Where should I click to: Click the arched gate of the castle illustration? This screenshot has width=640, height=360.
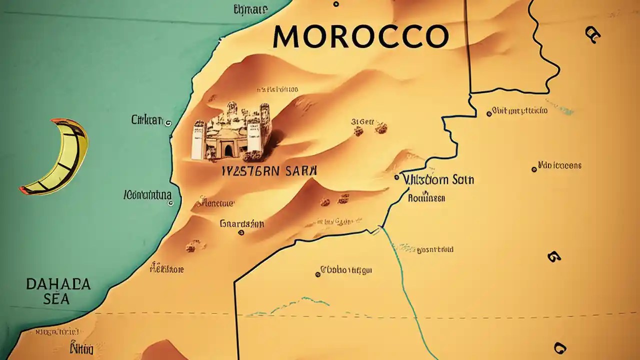click(x=228, y=149)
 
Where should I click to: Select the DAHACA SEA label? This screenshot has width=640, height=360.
click(x=58, y=291)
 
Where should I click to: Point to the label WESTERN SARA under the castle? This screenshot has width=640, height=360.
click(x=269, y=170)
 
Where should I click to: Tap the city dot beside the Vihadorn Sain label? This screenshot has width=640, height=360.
click(x=396, y=177)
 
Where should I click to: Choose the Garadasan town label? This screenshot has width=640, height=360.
click(x=241, y=224)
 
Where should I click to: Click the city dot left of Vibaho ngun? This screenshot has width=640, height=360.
click(x=317, y=274)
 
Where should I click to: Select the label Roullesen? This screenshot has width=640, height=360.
click(x=426, y=198)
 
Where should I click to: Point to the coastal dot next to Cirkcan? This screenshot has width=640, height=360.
click(x=168, y=122)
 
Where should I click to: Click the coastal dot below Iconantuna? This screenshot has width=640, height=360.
click(x=170, y=203)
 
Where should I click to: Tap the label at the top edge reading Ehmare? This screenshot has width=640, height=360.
click(x=250, y=9)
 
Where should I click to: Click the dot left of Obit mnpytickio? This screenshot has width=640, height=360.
click(x=488, y=114)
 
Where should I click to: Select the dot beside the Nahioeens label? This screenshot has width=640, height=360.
click(x=534, y=169)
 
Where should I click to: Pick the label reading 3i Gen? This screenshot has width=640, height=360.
click(x=362, y=121)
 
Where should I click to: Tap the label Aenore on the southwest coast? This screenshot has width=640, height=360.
click(x=167, y=269)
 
